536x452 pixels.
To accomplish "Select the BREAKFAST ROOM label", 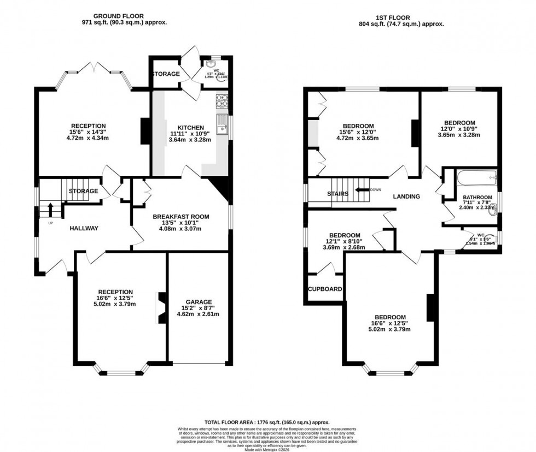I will (180, 217).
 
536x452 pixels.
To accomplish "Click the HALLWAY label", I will (84, 228).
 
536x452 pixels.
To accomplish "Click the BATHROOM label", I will (477, 197).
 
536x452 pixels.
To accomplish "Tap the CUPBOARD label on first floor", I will (325, 289).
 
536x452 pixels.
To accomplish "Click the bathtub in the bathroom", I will (477, 176).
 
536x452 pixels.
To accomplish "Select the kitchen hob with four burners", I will (223, 100).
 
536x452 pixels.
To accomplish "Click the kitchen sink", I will (222, 123).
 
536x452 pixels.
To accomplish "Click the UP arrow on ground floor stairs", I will (51, 209).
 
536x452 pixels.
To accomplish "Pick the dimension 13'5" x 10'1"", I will (180, 223).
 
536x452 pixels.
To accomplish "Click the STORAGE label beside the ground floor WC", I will (165, 74).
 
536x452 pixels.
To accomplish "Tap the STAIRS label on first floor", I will (338, 194).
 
